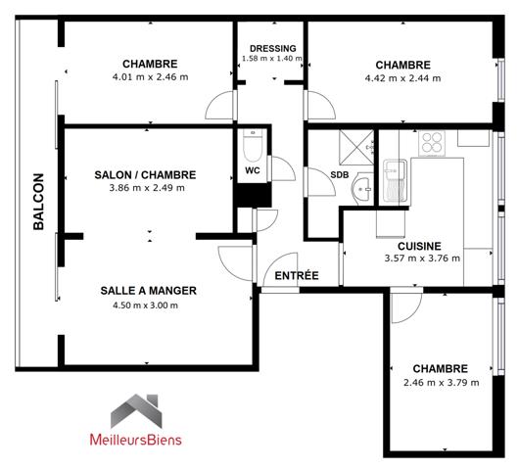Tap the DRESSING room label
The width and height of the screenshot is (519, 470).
pos(271,48)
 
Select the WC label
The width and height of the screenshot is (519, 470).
pos(252,168)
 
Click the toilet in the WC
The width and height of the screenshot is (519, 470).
pos(251,146)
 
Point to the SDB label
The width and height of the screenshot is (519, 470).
pos(339,174)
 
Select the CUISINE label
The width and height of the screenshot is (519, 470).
pos(418,246)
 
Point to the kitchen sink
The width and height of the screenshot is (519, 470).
pos(395,175)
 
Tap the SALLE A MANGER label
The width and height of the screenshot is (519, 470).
pos(149,290)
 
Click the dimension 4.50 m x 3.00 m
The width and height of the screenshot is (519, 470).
pos(149,305)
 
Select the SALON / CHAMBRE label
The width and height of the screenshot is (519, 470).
pos(145,174)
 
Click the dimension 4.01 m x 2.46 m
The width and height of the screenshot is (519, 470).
pos(149,76)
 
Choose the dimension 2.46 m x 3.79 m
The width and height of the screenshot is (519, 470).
pos(440,382)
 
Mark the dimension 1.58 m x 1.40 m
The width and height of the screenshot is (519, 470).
pos(271,60)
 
